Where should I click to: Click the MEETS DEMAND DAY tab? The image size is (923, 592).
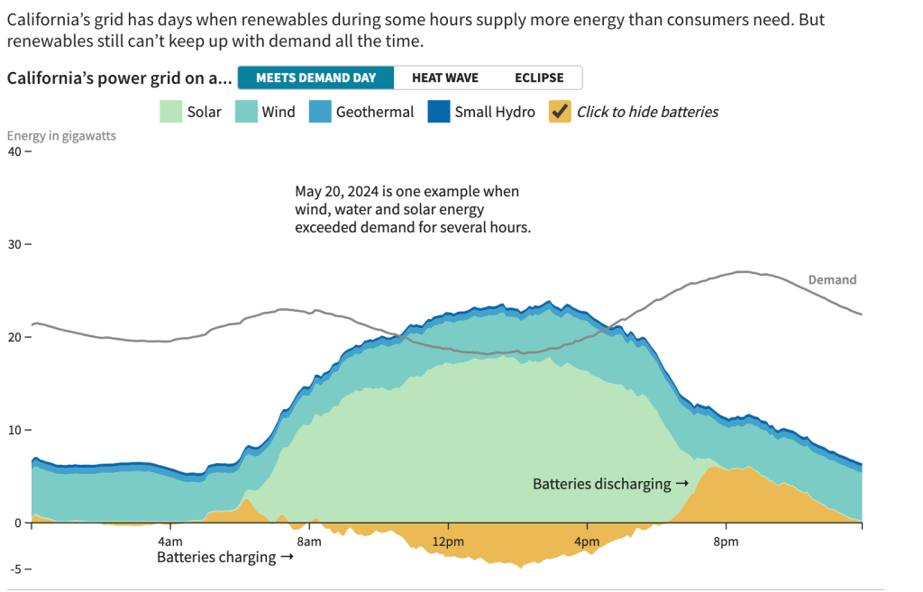315,77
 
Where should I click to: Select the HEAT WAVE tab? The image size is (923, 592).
444,77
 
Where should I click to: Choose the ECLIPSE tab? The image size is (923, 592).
539,77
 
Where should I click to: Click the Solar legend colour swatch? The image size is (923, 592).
170,112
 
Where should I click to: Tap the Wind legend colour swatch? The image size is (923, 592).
246,112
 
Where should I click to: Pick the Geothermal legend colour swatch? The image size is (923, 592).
320,112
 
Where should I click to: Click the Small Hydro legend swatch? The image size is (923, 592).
438,112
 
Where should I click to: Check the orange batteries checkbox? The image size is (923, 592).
560,112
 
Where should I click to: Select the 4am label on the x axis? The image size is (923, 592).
170,542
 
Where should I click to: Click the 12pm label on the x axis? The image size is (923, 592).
448,542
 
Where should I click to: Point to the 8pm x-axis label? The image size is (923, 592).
727,542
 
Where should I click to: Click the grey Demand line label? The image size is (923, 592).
832,280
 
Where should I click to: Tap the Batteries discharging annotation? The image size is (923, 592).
610,484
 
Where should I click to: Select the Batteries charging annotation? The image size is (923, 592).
224,557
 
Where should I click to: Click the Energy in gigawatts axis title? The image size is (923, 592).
61,136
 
